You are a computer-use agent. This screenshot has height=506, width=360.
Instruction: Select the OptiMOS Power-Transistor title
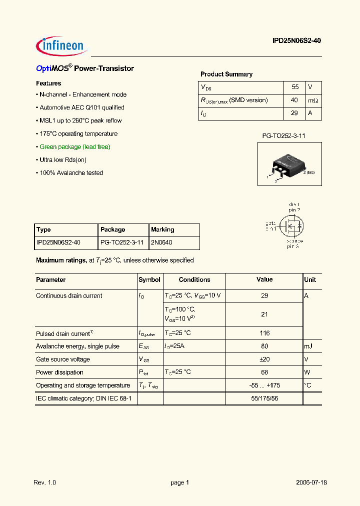(x=85, y=68)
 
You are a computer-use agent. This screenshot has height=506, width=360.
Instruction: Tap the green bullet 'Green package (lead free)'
(x=74, y=147)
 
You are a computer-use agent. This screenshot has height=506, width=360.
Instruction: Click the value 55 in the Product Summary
(x=295, y=87)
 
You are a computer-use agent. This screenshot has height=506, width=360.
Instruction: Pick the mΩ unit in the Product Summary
(x=313, y=100)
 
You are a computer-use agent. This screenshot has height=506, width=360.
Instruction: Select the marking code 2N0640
(x=161, y=243)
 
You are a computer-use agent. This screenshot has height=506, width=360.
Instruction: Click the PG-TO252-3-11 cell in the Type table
(x=122, y=243)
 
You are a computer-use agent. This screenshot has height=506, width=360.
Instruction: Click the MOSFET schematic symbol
(x=291, y=225)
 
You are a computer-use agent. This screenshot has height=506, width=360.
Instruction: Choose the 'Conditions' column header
(x=194, y=280)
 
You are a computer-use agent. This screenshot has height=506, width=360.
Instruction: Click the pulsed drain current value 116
(x=264, y=333)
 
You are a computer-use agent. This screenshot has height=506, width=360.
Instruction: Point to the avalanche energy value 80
(x=264, y=346)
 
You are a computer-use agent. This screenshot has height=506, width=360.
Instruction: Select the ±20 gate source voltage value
(x=264, y=359)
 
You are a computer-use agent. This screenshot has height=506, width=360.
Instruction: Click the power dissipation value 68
(x=264, y=372)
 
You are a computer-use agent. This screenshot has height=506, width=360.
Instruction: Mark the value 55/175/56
(x=264, y=398)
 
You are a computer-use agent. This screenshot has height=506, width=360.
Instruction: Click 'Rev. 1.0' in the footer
(x=44, y=483)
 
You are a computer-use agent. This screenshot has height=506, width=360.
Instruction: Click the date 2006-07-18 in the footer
(x=311, y=483)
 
